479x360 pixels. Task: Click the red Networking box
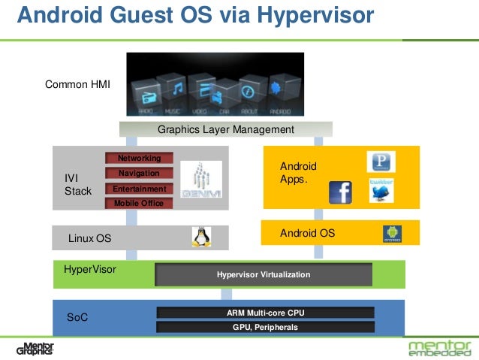coord(139,159)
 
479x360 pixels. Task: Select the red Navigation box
coord(139,174)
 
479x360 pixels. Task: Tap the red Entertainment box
coord(139,189)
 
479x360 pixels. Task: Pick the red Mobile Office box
coord(139,203)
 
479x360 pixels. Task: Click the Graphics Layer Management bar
coord(225,130)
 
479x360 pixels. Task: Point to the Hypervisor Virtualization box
coord(263,275)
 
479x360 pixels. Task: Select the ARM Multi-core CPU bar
coord(265,313)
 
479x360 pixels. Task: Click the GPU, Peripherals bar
coord(265,327)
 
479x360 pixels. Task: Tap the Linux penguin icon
coord(200,237)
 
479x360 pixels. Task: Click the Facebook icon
coord(340,192)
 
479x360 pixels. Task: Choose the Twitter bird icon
coord(381,190)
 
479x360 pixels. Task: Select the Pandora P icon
coord(381,162)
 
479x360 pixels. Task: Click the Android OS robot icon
coord(393,234)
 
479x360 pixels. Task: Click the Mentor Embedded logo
coord(440,348)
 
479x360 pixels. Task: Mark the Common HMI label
coord(77,85)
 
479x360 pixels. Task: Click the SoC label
coord(77,318)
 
